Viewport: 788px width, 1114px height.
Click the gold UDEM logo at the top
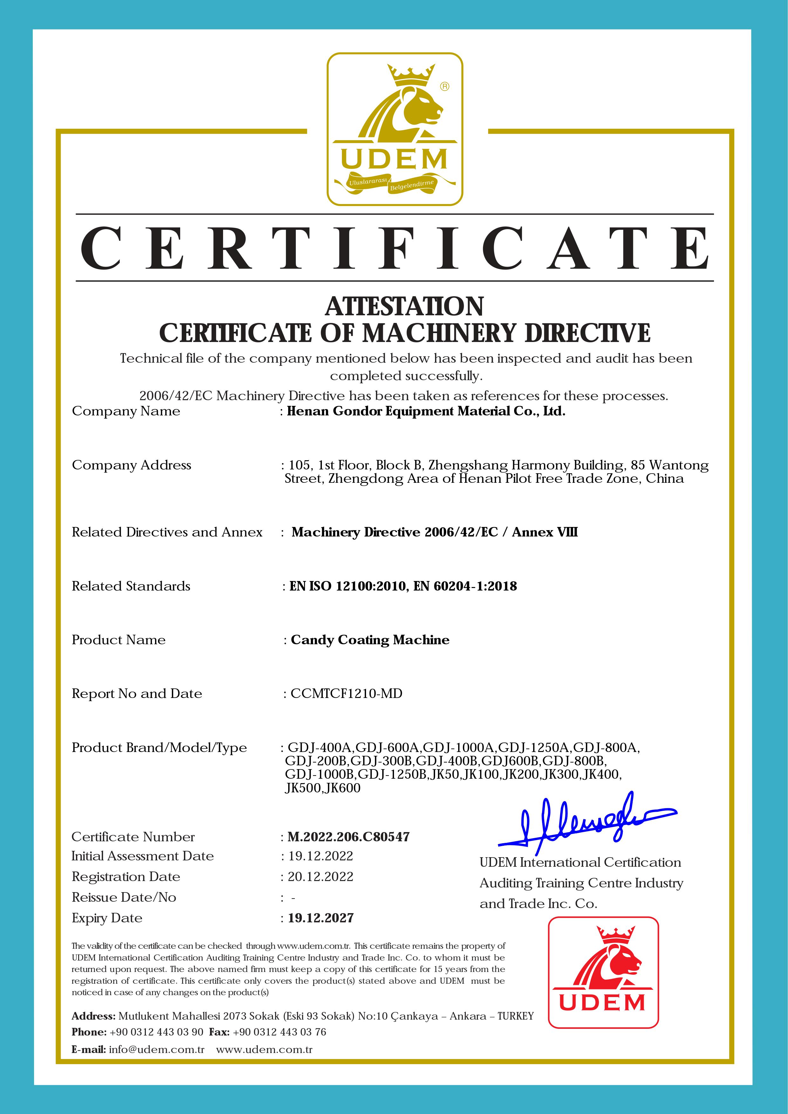[395, 129]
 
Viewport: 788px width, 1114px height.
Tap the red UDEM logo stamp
[603, 972]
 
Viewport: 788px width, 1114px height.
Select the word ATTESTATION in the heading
[404, 306]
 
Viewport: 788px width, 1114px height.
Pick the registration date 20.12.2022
[321, 876]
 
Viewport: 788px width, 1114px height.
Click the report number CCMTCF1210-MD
[346, 693]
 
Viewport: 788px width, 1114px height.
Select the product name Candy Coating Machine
[370, 640]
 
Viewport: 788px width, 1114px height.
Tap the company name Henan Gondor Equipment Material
[426, 411]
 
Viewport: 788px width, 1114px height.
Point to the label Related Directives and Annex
[167, 532]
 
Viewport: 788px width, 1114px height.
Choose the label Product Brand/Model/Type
[159, 748]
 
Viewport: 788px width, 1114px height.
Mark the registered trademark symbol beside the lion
[445, 86]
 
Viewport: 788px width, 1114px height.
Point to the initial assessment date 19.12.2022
[321, 856]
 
